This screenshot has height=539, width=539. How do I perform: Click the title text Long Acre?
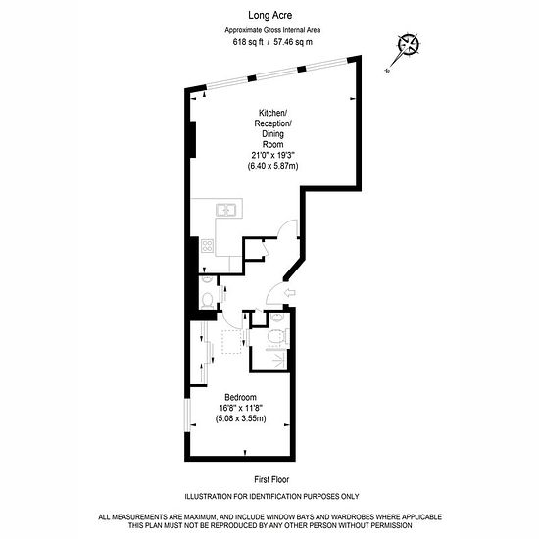[x=269, y=15]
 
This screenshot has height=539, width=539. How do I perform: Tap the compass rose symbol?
[x=409, y=44]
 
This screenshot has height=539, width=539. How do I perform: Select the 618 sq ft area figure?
[x=248, y=42]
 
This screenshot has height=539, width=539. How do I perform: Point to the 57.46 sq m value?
[x=293, y=42]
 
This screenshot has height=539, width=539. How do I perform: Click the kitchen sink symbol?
[x=225, y=210]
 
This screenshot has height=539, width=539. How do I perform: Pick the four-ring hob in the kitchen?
[x=208, y=246]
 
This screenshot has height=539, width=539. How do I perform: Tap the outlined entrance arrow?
[x=290, y=293]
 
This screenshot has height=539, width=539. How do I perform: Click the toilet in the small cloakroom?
[x=208, y=300]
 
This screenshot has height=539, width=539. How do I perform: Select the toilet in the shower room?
[x=276, y=336]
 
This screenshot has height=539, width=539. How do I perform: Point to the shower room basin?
[x=276, y=317]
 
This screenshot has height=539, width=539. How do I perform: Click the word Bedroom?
[x=241, y=397]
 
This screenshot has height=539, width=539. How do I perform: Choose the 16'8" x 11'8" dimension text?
[x=241, y=408]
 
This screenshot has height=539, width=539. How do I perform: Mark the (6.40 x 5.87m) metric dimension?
[x=273, y=166]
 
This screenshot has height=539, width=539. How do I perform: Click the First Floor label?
[x=271, y=479]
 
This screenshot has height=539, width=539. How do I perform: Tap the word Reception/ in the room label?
[x=273, y=123]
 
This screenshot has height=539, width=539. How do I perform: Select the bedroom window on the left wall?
[x=187, y=416]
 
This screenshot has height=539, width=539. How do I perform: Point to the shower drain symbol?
[x=278, y=360]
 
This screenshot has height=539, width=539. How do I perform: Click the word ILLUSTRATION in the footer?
[x=209, y=497]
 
